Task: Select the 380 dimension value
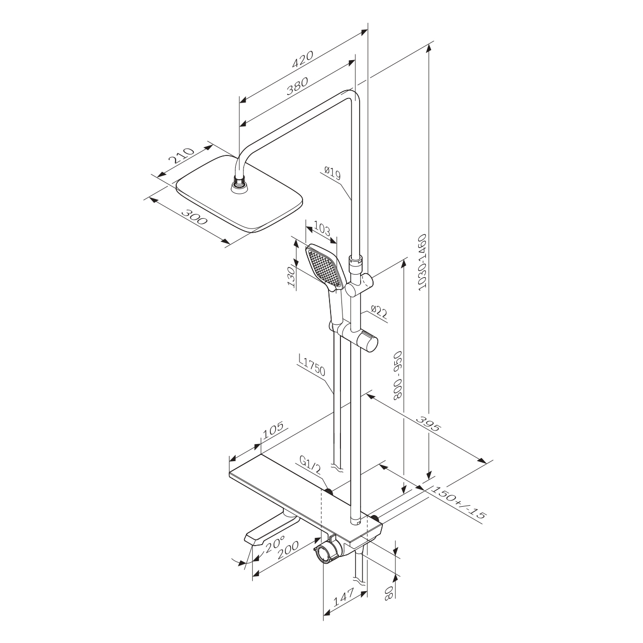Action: (297, 86)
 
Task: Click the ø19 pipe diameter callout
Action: (332, 174)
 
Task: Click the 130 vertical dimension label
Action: (291, 277)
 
